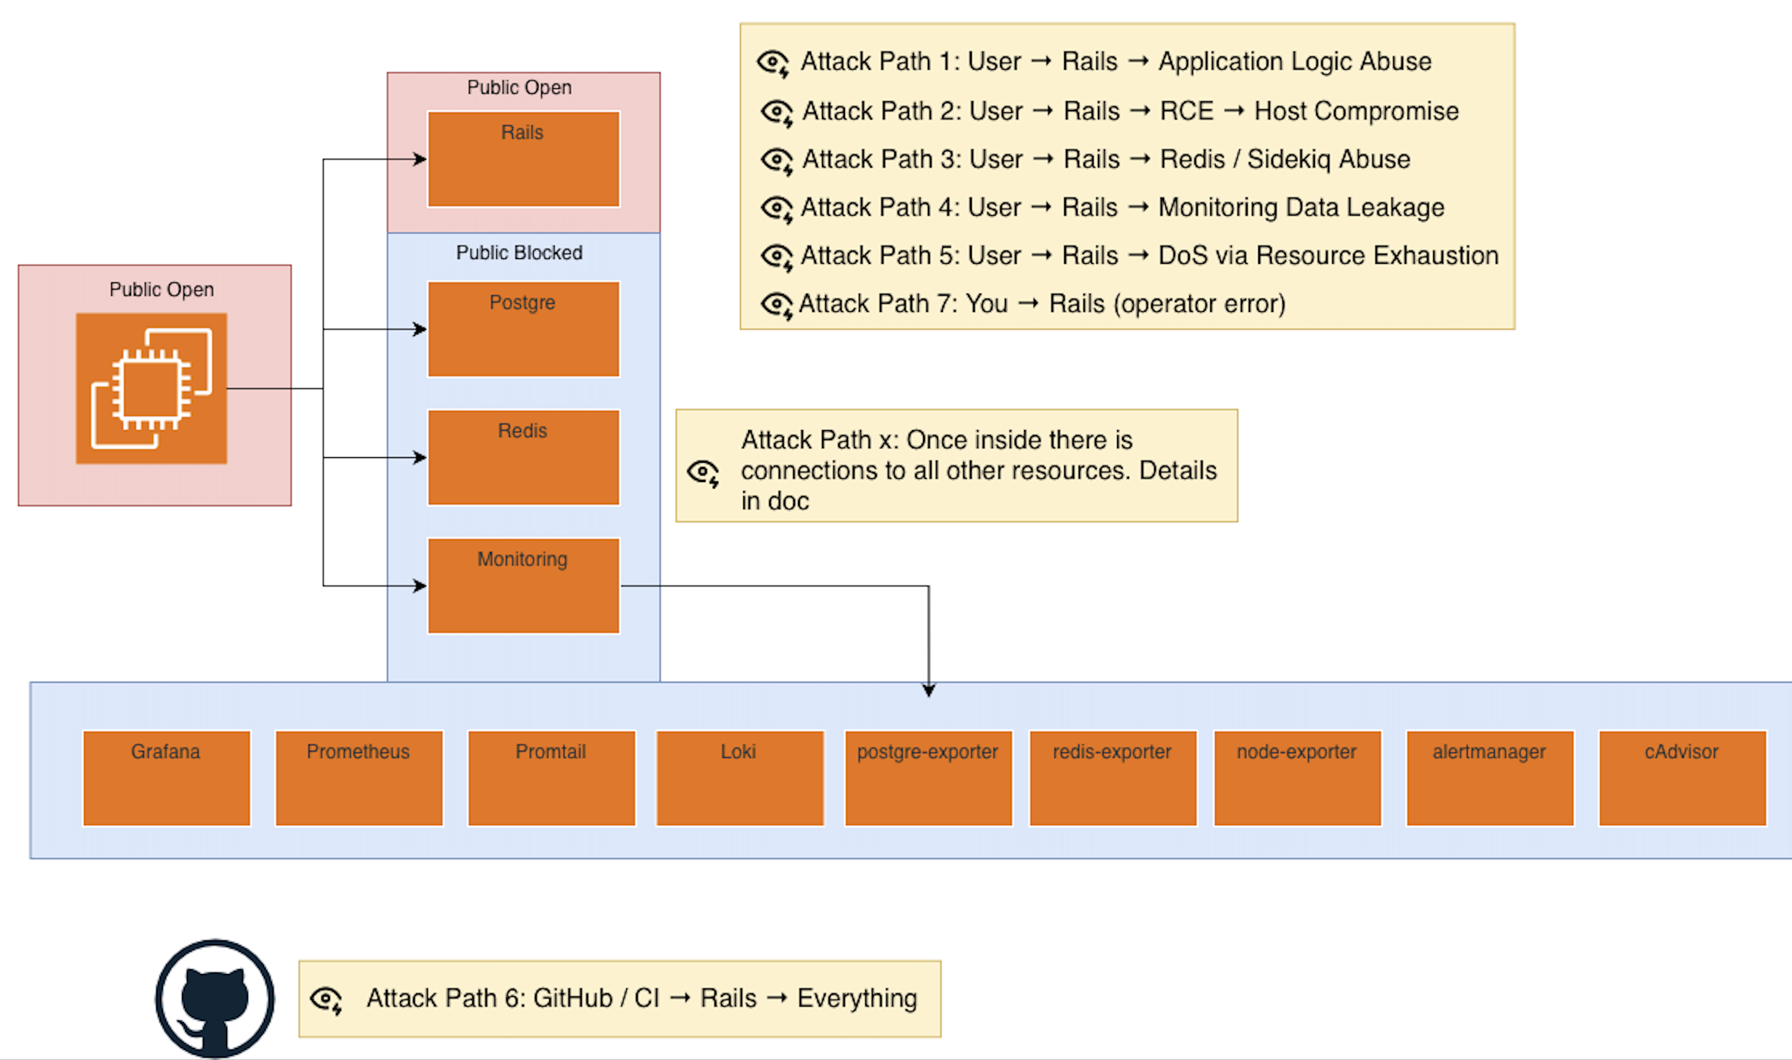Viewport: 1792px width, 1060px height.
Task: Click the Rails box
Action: (523, 159)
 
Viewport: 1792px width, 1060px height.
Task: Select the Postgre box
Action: (523, 329)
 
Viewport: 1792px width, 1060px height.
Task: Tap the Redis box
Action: (523, 457)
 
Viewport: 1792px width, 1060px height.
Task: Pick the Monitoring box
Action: (523, 586)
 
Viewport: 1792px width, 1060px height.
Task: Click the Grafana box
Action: (166, 778)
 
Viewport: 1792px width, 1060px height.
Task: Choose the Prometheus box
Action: (359, 778)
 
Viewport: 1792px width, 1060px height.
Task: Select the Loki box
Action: (739, 778)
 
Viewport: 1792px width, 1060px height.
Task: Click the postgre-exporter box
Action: (928, 778)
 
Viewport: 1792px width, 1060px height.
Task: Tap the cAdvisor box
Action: (1682, 778)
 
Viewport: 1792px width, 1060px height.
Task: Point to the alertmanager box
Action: (1490, 778)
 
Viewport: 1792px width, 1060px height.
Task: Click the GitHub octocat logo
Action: (215, 999)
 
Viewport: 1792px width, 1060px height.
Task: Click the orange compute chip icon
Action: (151, 389)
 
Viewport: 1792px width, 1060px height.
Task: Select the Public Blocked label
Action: (519, 253)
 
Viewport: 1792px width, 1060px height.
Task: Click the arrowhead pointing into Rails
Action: (421, 159)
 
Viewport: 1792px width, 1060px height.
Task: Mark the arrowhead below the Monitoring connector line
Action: (928, 690)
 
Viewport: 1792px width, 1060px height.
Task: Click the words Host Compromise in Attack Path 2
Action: (1356, 111)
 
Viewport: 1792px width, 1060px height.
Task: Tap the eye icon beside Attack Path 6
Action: (326, 999)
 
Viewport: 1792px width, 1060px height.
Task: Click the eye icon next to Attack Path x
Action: (704, 473)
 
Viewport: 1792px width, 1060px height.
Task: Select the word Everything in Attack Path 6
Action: (856, 999)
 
